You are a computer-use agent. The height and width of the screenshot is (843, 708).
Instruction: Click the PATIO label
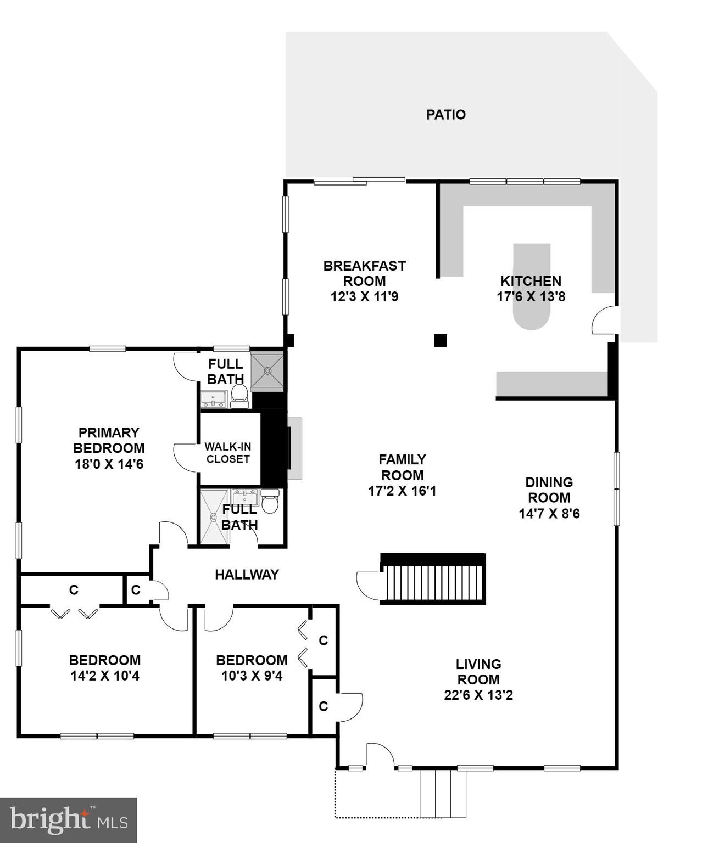pos(445,115)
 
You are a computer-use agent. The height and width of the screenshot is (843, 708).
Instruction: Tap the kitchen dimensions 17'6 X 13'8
pos(531,297)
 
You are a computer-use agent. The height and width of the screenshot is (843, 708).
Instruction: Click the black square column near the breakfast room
pos(440,340)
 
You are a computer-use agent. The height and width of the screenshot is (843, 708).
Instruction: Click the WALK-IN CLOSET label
pos(228,453)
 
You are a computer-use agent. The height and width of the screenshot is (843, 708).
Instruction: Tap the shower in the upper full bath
pos(267,372)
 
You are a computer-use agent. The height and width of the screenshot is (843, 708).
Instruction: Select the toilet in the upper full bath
pos(239,396)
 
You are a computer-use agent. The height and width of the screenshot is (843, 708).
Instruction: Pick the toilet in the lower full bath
pos(270,502)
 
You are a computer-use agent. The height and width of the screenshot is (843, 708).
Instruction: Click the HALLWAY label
pos(247,575)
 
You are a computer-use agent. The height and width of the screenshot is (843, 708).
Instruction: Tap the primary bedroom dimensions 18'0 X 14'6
pos(109,464)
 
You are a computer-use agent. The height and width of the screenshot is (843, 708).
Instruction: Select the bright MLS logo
pos(68,820)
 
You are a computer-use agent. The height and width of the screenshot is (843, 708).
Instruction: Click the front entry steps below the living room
pos(443,794)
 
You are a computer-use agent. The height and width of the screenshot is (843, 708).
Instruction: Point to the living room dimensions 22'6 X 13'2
pos(478,695)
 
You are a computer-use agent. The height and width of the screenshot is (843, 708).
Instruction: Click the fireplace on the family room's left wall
pos(295,448)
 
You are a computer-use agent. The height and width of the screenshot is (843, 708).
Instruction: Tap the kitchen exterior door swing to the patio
pos(606,321)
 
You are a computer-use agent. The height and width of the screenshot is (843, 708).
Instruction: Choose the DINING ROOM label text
pos(549,490)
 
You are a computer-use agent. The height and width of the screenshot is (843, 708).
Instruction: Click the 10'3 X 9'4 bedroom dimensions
pos(252,676)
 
